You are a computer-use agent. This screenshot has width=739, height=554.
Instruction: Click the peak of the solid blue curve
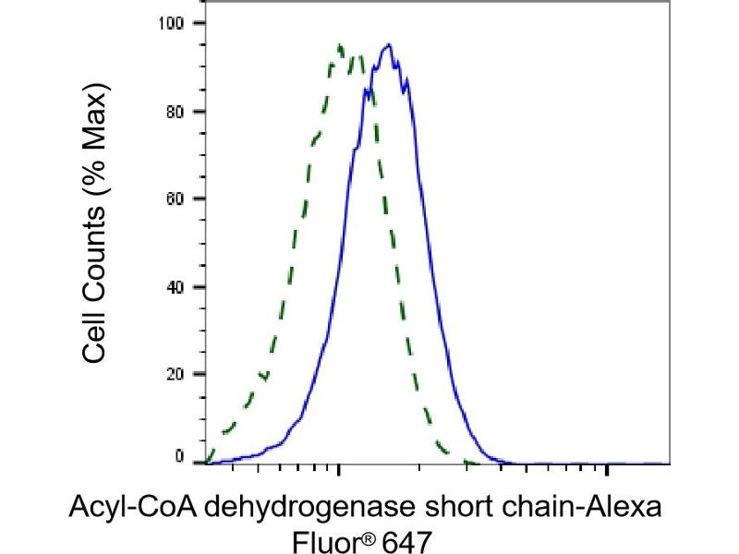click(x=389, y=44)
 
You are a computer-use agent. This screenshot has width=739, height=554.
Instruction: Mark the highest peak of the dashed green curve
click(x=341, y=44)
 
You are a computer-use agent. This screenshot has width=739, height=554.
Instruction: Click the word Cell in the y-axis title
click(x=92, y=333)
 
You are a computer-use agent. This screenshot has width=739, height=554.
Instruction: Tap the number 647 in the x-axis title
click(x=406, y=538)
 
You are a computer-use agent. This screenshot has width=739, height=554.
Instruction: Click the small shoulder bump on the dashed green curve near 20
click(x=263, y=375)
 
